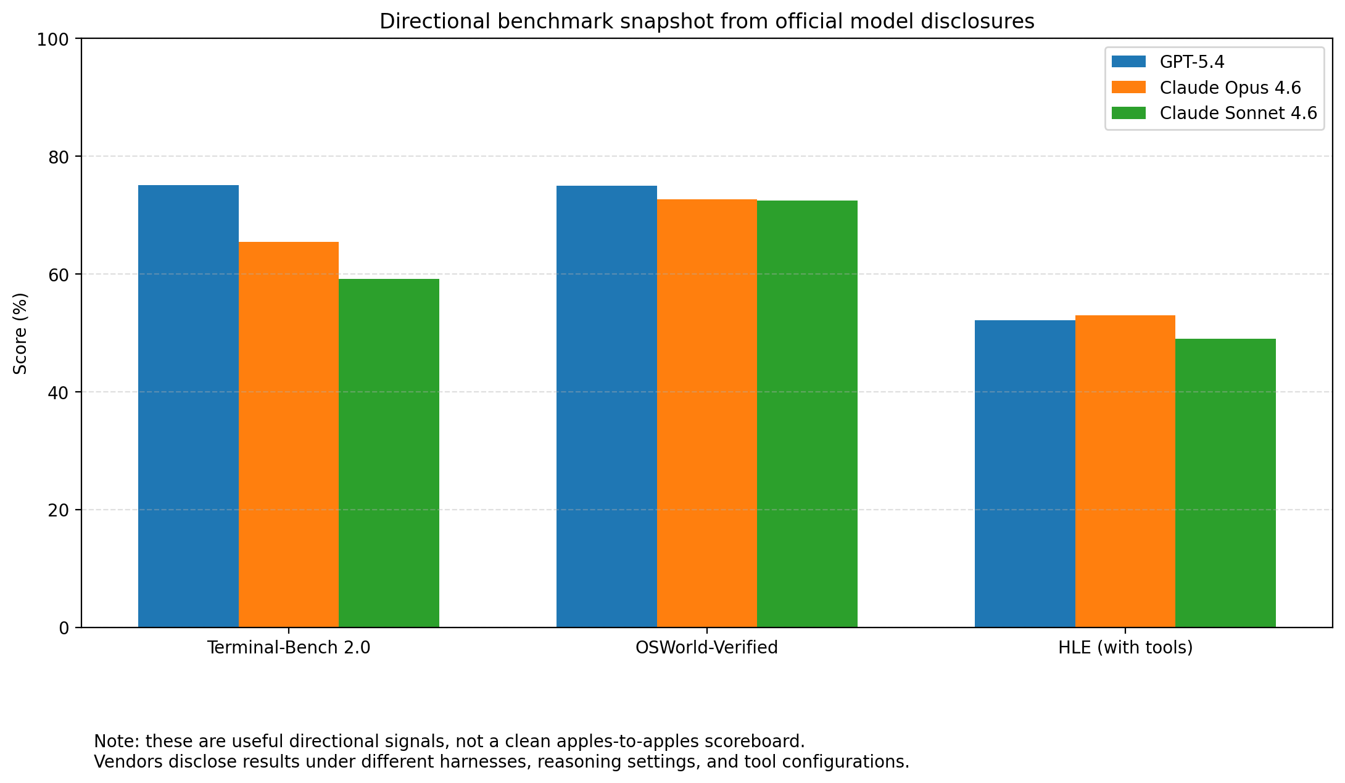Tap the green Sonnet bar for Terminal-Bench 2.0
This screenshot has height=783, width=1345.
(x=389, y=453)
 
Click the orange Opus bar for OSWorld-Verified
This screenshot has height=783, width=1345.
(x=707, y=413)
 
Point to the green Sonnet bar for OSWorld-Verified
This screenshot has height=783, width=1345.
(x=807, y=414)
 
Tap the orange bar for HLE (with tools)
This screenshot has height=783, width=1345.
(x=1125, y=471)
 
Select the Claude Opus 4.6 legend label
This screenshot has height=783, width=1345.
(x=1230, y=88)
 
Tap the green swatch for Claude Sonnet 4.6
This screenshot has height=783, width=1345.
(x=1128, y=114)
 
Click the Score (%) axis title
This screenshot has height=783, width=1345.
(x=20, y=333)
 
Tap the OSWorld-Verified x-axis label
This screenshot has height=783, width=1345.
(x=707, y=648)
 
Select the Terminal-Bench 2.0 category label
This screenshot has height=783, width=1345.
(x=289, y=648)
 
